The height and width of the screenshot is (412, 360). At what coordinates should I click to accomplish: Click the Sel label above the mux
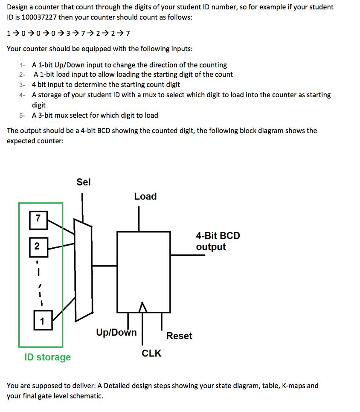pos(84,182)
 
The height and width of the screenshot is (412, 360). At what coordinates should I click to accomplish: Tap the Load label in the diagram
pos(145,196)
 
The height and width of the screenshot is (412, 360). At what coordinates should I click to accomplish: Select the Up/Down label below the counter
pos(116,332)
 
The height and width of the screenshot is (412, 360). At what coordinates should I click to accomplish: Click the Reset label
pos(179,336)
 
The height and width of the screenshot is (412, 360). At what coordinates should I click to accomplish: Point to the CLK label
pos(151,353)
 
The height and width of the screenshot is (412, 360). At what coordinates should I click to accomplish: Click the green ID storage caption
pos(48,357)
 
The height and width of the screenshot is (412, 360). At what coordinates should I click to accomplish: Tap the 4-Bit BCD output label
pos(218,241)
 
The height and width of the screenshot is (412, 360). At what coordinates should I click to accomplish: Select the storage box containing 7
pos(38,219)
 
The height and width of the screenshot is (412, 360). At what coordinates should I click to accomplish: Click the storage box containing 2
pos(37,247)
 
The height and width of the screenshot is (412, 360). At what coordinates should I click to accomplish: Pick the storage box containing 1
pos(42,321)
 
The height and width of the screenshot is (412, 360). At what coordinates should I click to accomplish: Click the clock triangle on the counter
pos(142,307)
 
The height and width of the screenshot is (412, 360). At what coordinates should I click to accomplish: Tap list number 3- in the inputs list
pos(22,85)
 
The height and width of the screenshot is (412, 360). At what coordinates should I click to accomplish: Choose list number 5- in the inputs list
pos(22,115)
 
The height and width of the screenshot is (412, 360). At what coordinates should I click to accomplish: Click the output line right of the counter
pos(188,255)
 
